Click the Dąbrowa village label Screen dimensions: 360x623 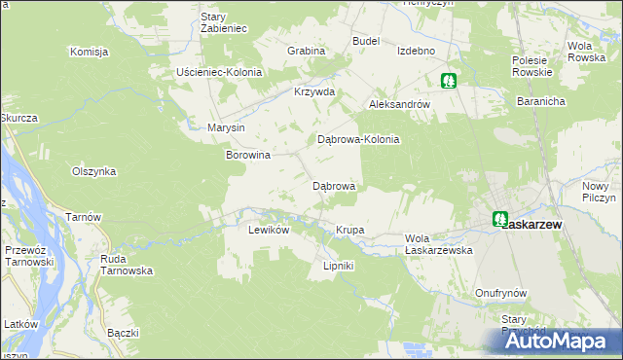(333, 185)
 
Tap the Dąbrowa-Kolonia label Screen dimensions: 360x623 (359, 139)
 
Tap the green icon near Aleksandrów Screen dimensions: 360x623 (449, 82)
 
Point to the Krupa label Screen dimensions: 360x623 (349, 231)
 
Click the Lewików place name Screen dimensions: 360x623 (270, 231)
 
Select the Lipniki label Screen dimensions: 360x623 (338, 266)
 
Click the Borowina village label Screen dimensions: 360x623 (247, 155)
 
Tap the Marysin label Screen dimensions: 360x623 (226, 127)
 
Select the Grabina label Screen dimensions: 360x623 (304, 50)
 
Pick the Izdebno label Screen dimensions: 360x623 (416, 51)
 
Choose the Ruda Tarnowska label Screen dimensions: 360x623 (127, 265)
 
